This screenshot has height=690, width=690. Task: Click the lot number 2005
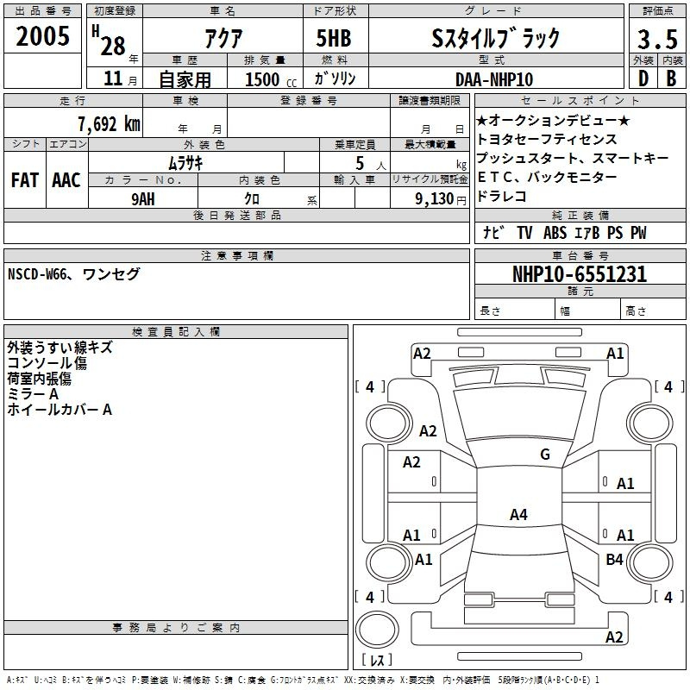tap(42, 36)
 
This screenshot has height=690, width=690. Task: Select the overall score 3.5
tap(657, 39)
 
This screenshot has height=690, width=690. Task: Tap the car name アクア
tap(223, 38)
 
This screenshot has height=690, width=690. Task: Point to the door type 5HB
tap(334, 38)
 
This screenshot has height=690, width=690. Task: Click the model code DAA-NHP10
tap(494, 79)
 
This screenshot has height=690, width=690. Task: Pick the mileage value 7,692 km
tap(110, 123)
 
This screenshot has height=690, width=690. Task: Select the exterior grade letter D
tap(643, 78)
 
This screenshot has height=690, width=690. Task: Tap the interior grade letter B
tap(671, 78)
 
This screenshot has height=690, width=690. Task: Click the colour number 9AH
tap(143, 199)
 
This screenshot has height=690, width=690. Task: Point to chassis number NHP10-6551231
tap(580, 274)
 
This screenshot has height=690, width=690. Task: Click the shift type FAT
tap(25, 180)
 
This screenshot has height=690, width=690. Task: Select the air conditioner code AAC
tap(66, 180)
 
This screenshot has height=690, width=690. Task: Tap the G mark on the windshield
tap(545, 454)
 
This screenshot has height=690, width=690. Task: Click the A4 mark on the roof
tap(518, 514)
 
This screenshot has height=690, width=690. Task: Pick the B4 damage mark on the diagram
tap(614, 559)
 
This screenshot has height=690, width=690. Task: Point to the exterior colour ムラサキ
tap(185, 163)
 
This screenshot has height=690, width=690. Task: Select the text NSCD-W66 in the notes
tap(37, 274)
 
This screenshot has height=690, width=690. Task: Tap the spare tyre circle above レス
tap(377, 630)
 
